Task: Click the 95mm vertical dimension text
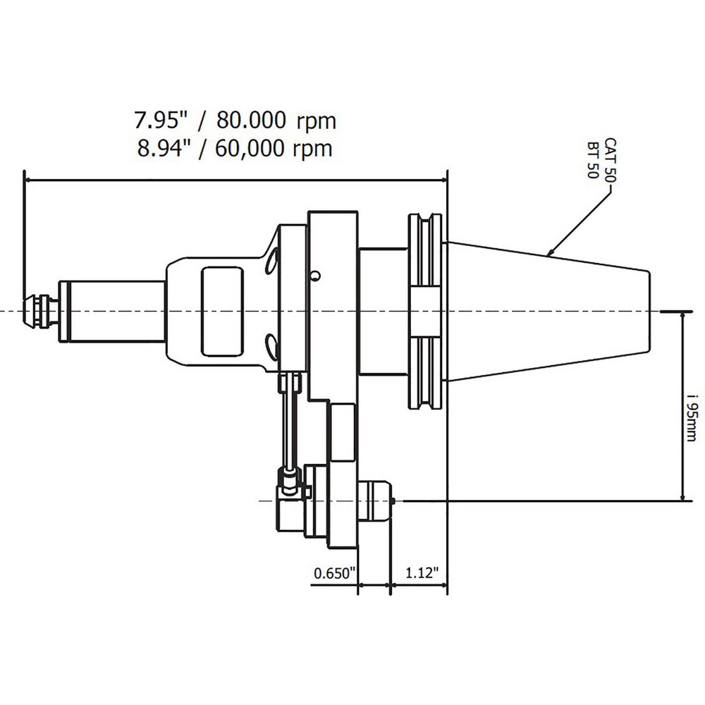tap(694, 416)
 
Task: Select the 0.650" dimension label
tap(333, 573)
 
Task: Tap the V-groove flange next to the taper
tap(426, 311)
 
